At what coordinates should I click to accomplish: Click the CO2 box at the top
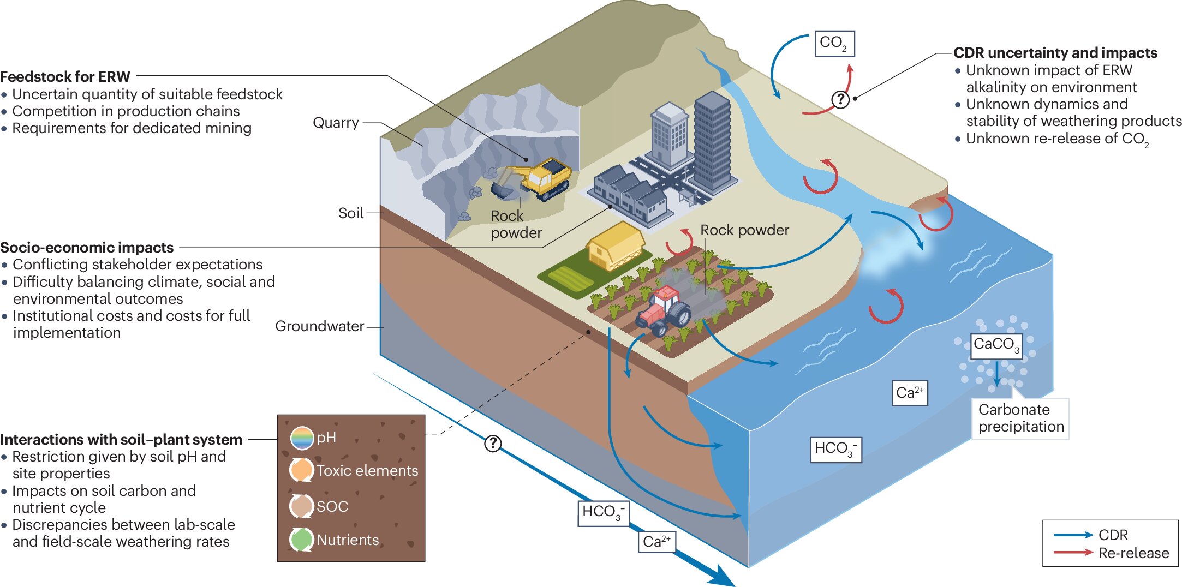[834, 44]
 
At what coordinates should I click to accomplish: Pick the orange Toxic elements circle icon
[301, 470]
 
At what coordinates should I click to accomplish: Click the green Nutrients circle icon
[301, 540]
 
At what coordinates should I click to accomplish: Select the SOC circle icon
[301, 506]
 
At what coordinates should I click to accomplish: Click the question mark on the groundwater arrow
[493, 443]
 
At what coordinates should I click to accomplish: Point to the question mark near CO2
[840, 99]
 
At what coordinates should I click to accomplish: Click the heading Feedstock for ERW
[65, 76]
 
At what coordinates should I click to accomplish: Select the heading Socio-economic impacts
[87, 248]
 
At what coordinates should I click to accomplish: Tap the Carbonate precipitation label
[1020, 418]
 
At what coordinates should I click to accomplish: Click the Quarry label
[336, 123]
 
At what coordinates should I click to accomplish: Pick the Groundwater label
[319, 326]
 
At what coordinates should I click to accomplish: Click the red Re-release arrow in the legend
[1073, 553]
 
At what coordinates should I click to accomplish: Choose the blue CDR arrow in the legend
[1073, 535]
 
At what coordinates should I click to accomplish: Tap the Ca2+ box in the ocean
[910, 393]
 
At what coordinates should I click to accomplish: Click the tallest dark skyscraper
[712, 142]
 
